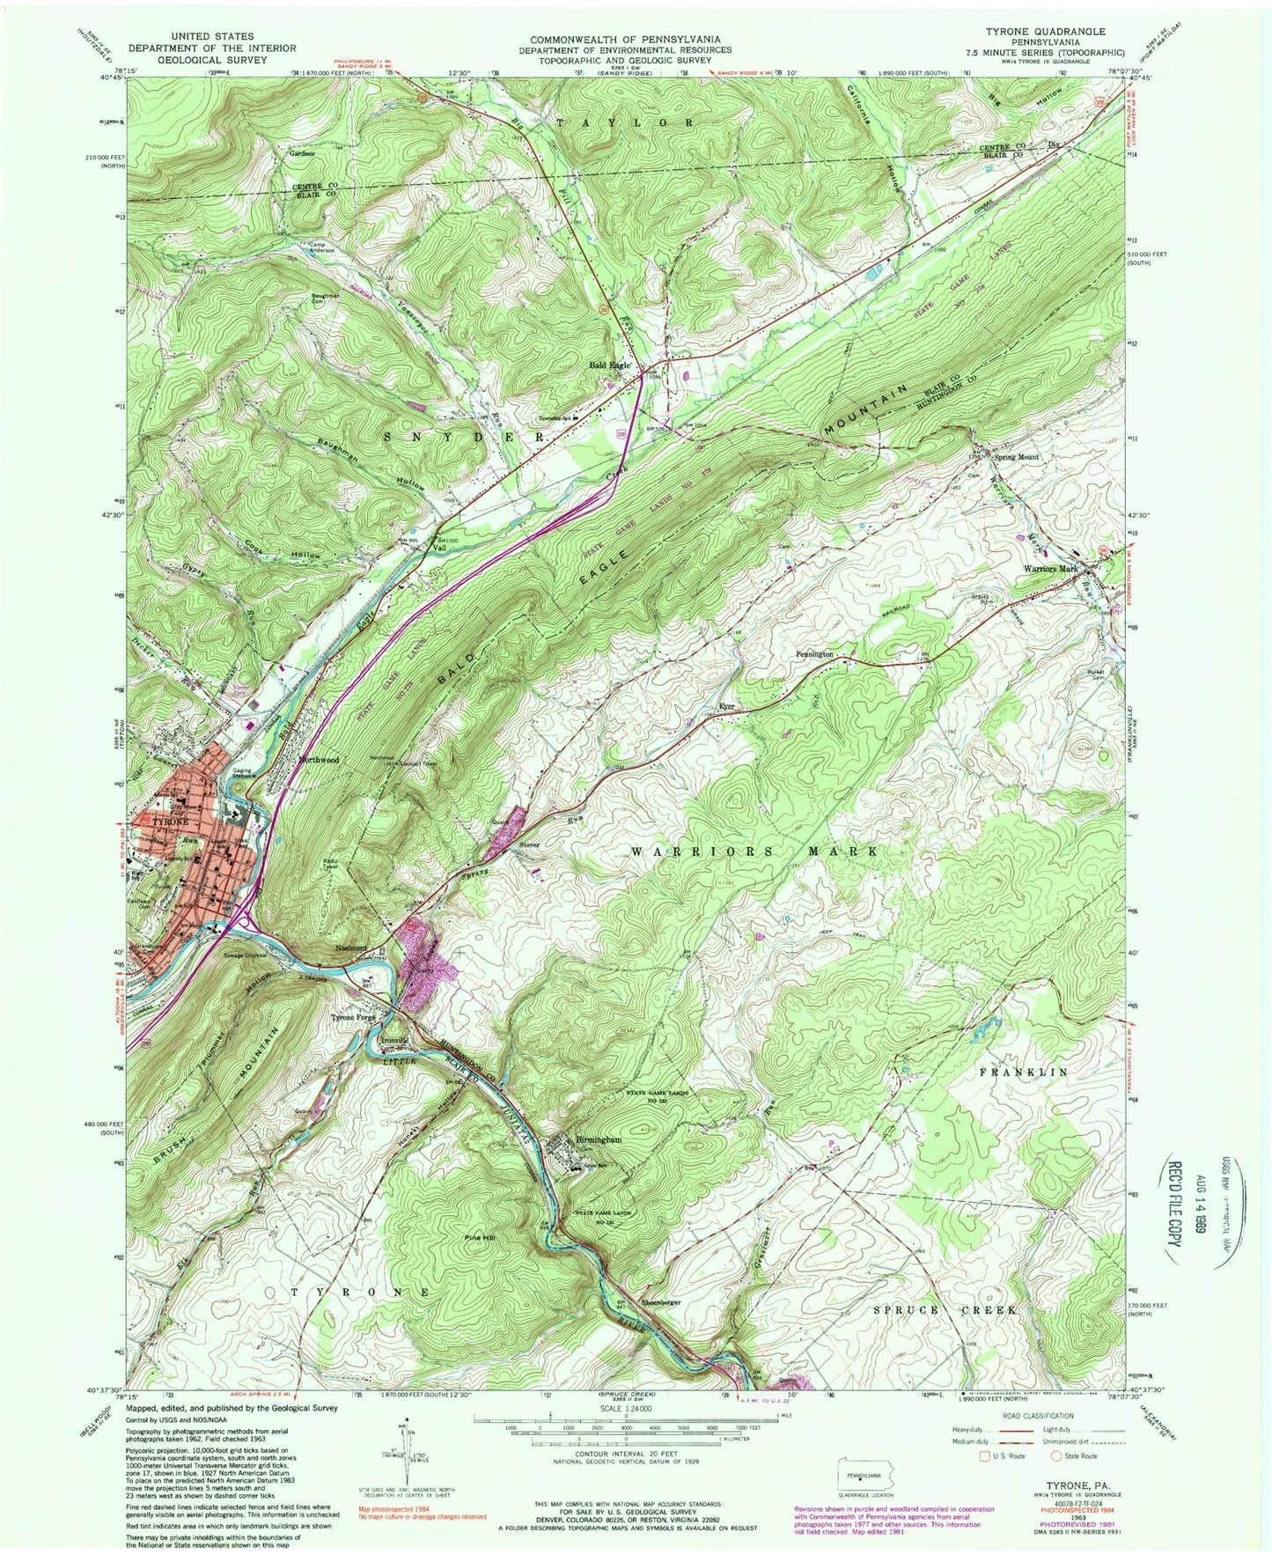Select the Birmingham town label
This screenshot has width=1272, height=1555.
(599, 1139)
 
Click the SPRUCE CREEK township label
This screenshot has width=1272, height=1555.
(945, 1310)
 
